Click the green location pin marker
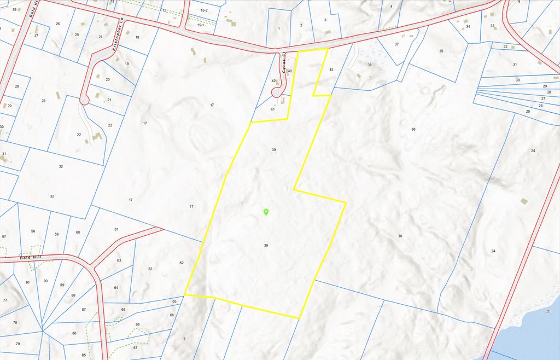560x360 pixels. point(266,212)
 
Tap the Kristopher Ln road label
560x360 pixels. point(115,42)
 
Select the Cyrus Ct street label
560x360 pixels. point(284,65)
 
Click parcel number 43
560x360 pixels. point(331,69)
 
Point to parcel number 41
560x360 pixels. point(272,109)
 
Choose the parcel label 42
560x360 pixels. point(273,81)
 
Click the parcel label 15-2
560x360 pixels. point(204,10)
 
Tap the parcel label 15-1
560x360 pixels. point(200,25)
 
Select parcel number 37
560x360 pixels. point(396,44)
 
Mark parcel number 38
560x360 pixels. point(369,65)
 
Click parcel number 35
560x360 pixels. point(441,51)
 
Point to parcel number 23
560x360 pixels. point(43,101)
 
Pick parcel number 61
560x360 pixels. point(116,229)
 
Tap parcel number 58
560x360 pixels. point(33,231)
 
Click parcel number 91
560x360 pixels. point(27,282)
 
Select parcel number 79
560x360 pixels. point(17,344)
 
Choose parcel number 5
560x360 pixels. point(184,339)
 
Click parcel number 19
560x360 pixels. point(127,64)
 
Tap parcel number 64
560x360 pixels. point(116,287)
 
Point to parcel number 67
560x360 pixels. point(135,347)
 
